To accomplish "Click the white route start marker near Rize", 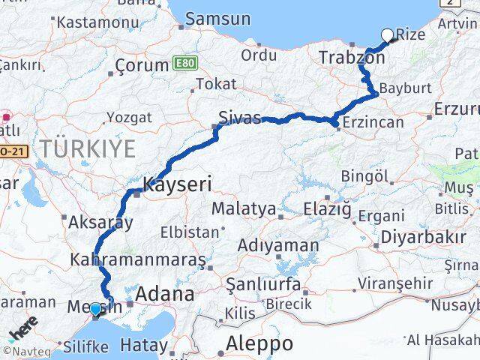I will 388,34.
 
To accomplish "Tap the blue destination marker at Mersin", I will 95,309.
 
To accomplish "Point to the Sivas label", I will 240,118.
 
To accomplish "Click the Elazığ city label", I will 327,208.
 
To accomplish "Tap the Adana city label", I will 163,293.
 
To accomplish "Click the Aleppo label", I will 256,343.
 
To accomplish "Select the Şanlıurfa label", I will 267,284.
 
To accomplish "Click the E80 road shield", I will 184,63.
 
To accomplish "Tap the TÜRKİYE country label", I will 88,148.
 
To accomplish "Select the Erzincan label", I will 372,122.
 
